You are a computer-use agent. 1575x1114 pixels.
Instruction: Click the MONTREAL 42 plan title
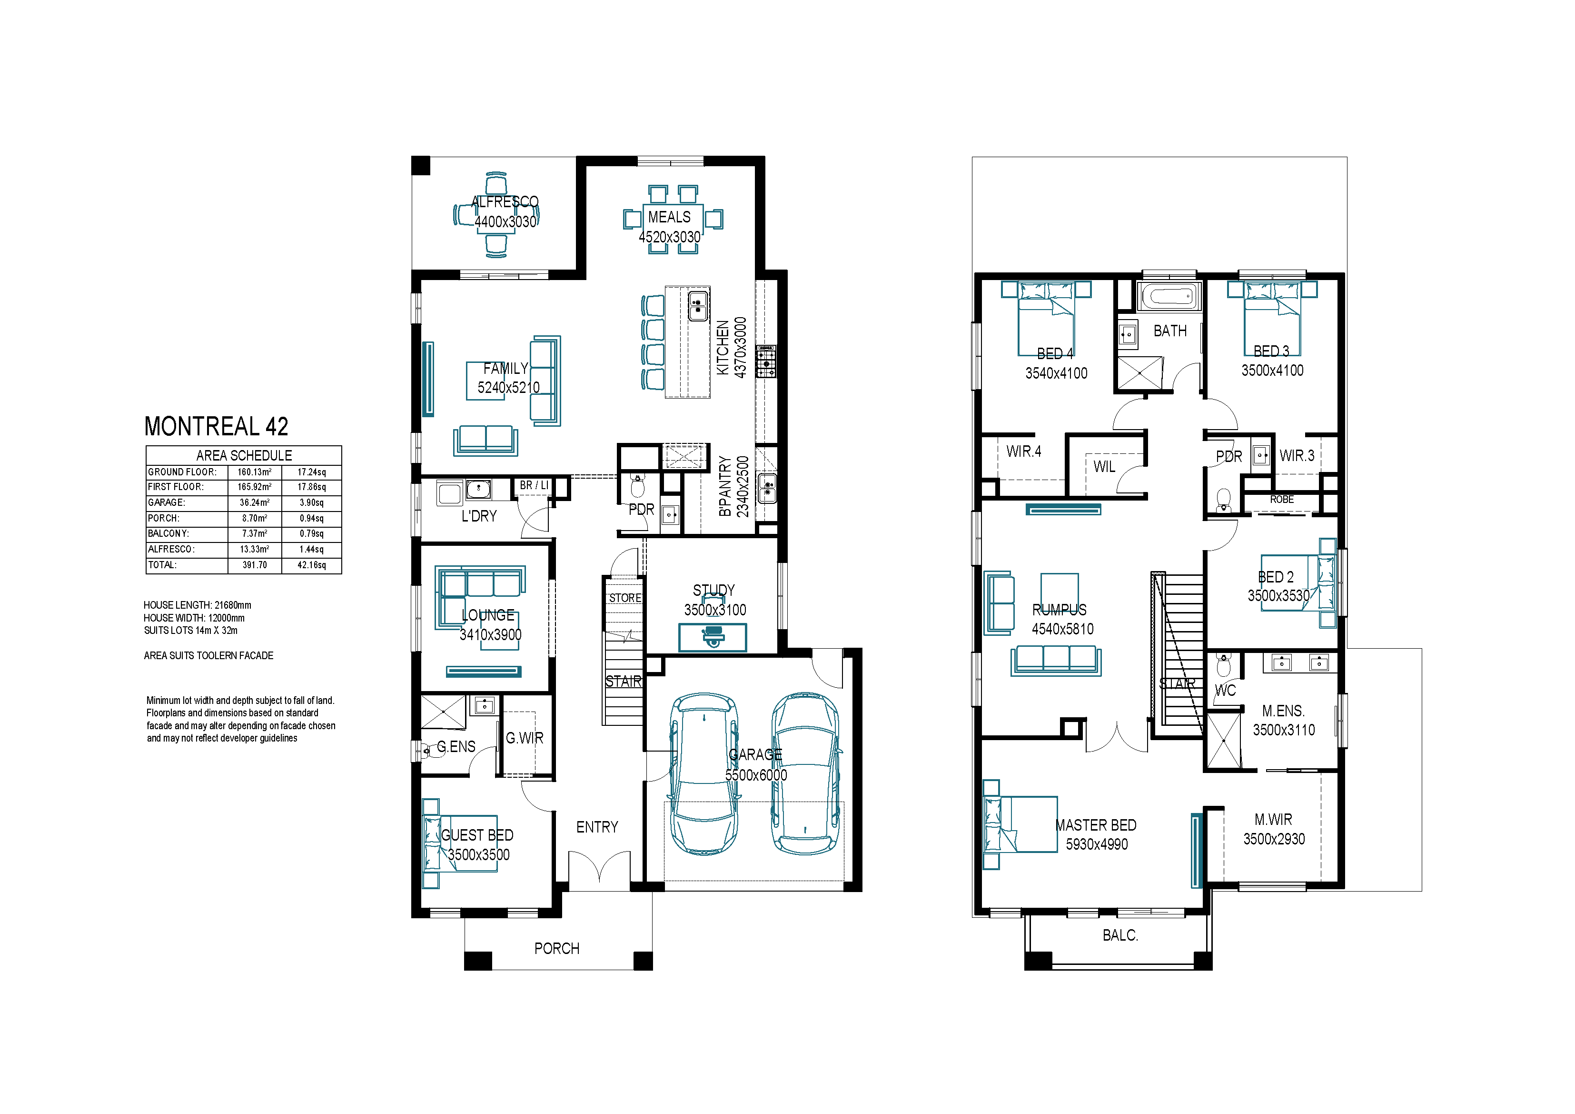pos(216,426)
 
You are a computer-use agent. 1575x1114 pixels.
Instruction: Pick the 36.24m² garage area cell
pos(255,502)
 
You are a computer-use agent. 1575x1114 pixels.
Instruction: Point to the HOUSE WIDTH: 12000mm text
pos(194,618)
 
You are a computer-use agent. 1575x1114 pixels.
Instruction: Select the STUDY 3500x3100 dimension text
pos(715,610)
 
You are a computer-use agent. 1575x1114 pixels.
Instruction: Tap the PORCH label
pos(557,949)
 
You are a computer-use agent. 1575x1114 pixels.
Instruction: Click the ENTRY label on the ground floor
pos(597,827)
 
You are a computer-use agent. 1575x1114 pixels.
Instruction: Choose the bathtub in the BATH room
pos(1169,297)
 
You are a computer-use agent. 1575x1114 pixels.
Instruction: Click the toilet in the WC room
pos(1223,666)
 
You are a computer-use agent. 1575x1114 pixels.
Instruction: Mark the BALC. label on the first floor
pos(1120,935)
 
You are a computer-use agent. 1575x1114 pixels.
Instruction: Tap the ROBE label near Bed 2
pos(1281,500)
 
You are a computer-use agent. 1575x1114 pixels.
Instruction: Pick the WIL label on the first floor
pos(1104,467)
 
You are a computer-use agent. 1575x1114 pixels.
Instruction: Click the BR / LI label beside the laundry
pos(535,485)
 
